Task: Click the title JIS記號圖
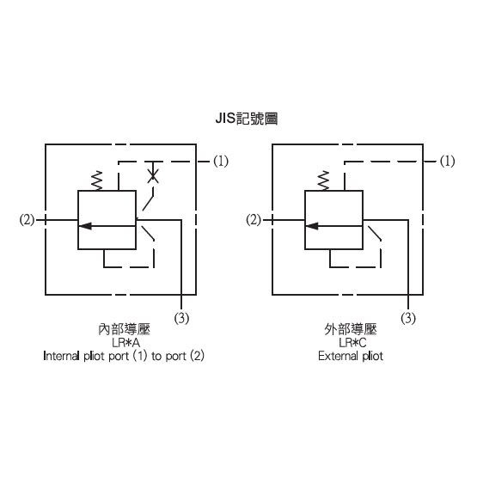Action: click(247, 119)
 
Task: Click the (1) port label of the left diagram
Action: click(221, 161)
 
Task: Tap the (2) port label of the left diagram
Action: click(27, 220)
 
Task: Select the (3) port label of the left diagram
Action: click(181, 318)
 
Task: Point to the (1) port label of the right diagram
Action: click(447, 161)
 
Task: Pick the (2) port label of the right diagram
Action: click(254, 220)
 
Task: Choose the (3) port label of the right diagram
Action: click(408, 318)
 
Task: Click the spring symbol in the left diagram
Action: click(97, 180)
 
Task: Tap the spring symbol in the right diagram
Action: click(324, 180)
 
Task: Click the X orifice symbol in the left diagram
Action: click(153, 176)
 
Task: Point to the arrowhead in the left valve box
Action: click(85, 226)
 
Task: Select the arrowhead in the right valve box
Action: click(312, 226)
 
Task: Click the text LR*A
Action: click(126, 343)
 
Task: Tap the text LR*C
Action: click(352, 343)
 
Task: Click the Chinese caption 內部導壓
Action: click(125, 329)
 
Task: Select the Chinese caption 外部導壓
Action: click(351, 329)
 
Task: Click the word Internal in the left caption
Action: click(61, 356)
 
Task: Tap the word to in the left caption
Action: click(156, 356)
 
